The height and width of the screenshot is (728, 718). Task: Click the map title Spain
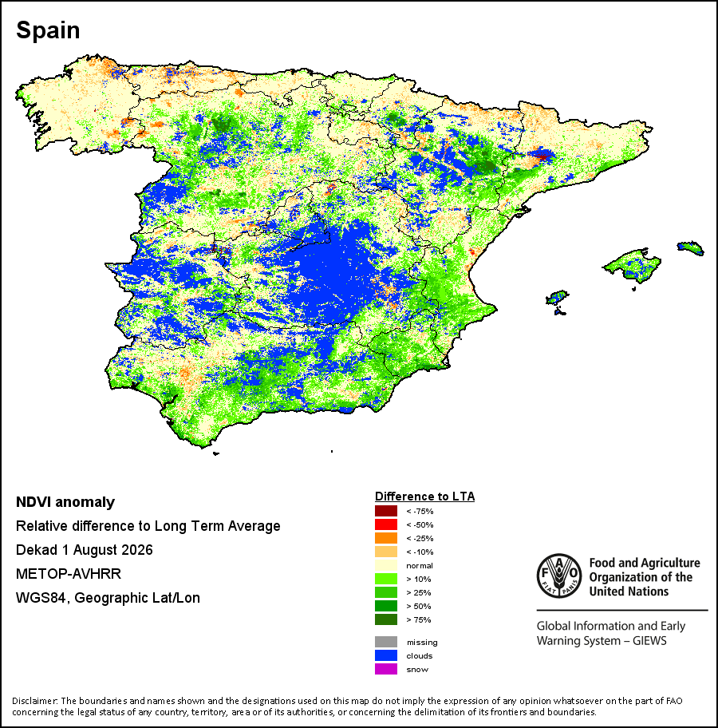[x=48, y=30]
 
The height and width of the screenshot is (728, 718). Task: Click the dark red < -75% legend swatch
[x=386, y=511]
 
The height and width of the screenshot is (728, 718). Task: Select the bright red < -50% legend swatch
[x=386, y=524]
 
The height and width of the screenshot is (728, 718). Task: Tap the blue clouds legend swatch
[x=386, y=655]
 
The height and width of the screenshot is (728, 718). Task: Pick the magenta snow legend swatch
[x=386, y=669]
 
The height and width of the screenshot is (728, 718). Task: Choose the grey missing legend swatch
[x=386, y=642]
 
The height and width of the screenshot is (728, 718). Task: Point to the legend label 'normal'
[x=420, y=565]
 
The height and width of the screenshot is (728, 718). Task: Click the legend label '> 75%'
[x=419, y=619]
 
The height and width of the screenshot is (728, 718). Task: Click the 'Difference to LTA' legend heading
[x=424, y=497]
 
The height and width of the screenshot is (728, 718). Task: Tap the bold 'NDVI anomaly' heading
[x=65, y=502]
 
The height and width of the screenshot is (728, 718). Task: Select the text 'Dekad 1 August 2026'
[x=85, y=550]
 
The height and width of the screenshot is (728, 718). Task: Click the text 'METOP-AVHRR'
[x=69, y=574]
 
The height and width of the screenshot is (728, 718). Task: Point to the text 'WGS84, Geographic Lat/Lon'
[x=108, y=598]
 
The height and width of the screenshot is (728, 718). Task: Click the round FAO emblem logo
[x=559, y=576]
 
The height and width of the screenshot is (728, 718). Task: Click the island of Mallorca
[x=633, y=265]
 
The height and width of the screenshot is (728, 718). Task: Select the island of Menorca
[x=691, y=247]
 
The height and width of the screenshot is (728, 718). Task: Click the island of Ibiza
[x=557, y=297]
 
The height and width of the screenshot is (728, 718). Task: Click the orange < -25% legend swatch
[x=386, y=538]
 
